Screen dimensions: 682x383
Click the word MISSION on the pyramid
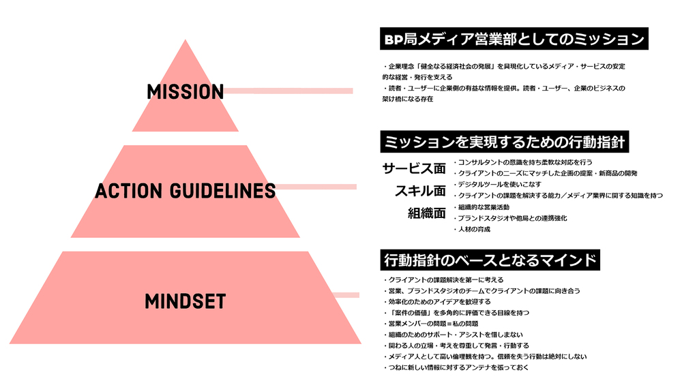click(x=186, y=92)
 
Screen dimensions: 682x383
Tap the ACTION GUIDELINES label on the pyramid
click(x=186, y=191)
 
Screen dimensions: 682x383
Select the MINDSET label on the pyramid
click(x=186, y=301)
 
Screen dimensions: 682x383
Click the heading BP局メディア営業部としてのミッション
click(x=514, y=39)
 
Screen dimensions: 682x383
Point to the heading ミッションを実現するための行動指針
click(x=505, y=142)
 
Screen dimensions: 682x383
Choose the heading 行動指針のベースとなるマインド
click(x=490, y=260)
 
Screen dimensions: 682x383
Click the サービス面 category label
click(x=414, y=168)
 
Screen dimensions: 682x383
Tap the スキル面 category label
click(x=420, y=190)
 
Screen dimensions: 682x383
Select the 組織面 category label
click(x=427, y=213)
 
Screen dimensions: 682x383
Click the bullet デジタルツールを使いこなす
click(x=498, y=184)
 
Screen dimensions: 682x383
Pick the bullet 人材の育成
click(x=472, y=229)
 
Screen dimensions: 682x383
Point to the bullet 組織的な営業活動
click(x=481, y=207)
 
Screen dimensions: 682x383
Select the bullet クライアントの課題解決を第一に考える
click(x=443, y=279)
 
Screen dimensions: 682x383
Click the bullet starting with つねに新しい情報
click(x=456, y=367)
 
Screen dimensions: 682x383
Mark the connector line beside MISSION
click(x=288, y=91)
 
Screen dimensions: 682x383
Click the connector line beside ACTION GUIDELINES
click(x=316, y=187)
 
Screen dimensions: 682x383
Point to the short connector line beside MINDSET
click(x=346, y=295)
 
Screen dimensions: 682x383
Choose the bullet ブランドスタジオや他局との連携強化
click(x=510, y=218)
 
